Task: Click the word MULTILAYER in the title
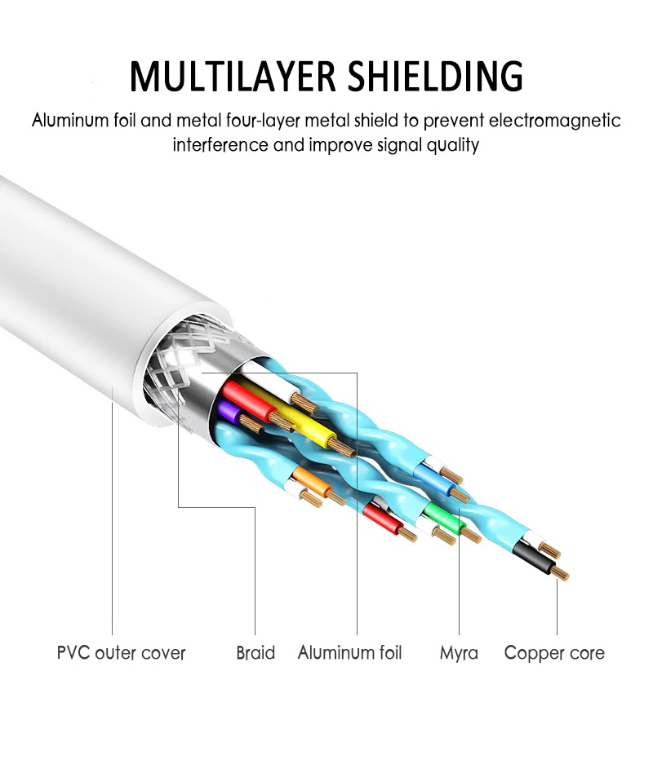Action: click(x=233, y=76)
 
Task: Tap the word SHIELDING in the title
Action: click(x=436, y=76)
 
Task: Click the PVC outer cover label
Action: click(x=122, y=653)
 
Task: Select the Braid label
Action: click(x=255, y=653)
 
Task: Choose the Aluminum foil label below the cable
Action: click(x=349, y=652)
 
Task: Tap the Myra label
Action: click(x=459, y=653)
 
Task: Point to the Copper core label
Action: click(x=554, y=653)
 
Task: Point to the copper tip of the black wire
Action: click(x=562, y=574)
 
